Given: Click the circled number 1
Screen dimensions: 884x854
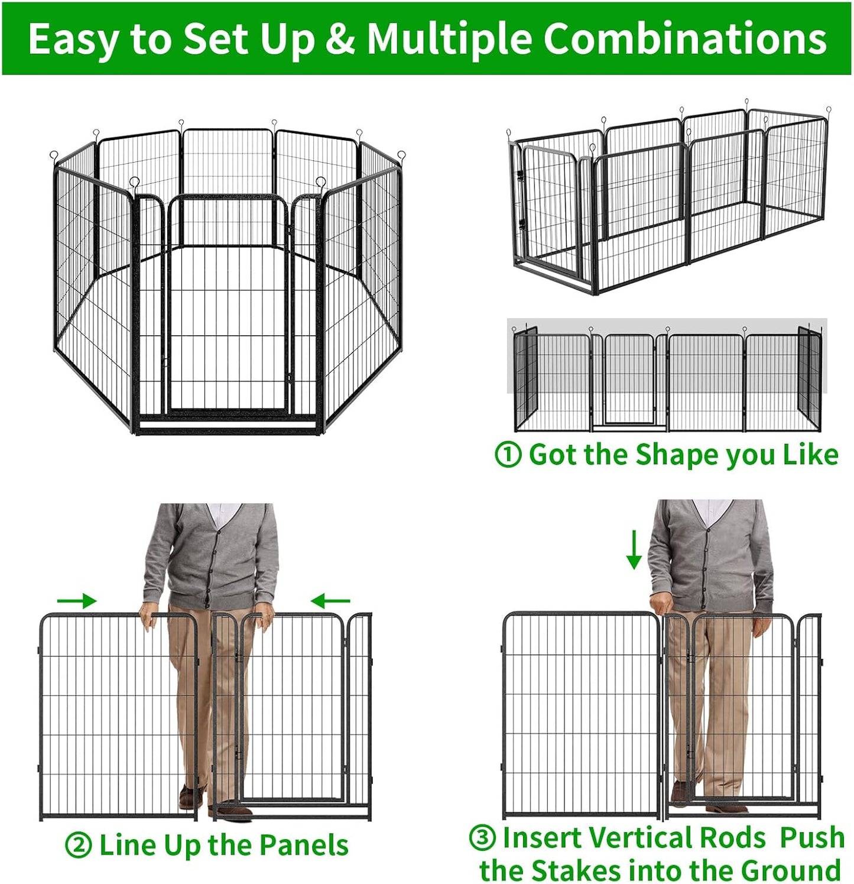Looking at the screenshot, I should coord(508,455).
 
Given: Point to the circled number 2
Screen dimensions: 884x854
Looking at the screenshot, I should coord(78,846).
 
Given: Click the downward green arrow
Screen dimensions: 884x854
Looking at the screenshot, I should coord(634,550).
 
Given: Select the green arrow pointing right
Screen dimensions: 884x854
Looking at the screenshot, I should coord(76,601).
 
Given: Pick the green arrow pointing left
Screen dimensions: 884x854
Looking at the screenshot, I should coord(330,601).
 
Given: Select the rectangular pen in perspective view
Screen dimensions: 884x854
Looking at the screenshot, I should coord(668,201).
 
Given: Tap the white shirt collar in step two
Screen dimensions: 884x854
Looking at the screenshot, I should coord(223,513).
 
